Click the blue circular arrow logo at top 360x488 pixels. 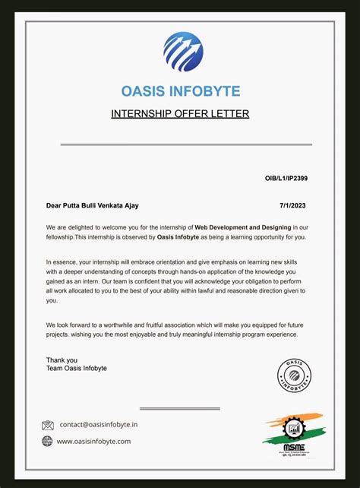pyautogui.click(x=182, y=51)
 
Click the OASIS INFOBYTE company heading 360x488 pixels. pyautogui.click(x=181, y=91)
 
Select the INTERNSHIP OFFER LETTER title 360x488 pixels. pyautogui.click(x=180, y=114)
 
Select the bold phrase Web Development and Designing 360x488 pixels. pyautogui.click(x=242, y=227)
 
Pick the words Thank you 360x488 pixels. pyautogui.click(x=62, y=360)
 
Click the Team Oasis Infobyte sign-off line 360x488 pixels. pyautogui.click(x=77, y=369)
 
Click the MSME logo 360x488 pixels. pyautogui.click(x=291, y=434)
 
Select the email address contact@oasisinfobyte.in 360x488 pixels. pyautogui.click(x=99, y=425)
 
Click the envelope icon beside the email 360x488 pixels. pyautogui.click(x=48, y=425)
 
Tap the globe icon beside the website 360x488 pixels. pyautogui.click(x=48, y=441)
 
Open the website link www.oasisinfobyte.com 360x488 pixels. pyautogui.click(x=93, y=441)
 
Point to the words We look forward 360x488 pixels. pyautogui.click(x=70, y=325)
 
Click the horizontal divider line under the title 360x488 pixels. pyautogui.click(x=180, y=144)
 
